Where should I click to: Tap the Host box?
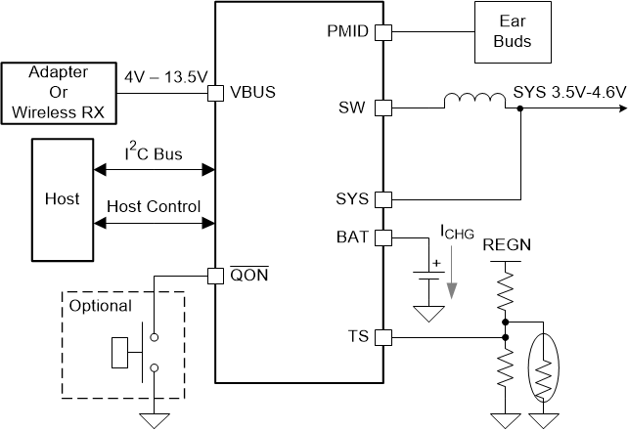click(63, 198)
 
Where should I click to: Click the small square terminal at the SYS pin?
click(383, 199)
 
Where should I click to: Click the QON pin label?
click(250, 275)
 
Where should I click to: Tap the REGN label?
click(507, 244)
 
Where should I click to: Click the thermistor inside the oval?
click(543, 365)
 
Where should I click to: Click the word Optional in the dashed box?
click(100, 306)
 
